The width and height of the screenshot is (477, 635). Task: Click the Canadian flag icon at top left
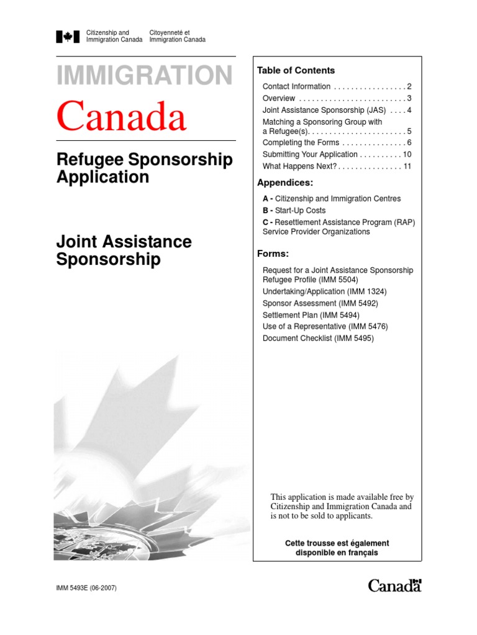(68, 37)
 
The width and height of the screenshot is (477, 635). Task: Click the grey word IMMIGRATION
(145, 76)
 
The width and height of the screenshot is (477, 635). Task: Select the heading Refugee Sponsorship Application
(145, 168)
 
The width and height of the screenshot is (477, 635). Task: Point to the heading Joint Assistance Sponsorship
(124, 250)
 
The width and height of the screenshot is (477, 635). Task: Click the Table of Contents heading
(296, 71)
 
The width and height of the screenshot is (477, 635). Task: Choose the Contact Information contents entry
(296, 87)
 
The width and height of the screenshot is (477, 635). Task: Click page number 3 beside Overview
(409, 99)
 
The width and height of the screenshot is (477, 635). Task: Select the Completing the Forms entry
(301, 143)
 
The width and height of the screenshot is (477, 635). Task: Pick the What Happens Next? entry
(299, 166)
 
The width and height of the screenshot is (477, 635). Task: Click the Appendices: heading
(285, 183)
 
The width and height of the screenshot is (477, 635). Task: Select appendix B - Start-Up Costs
(294, 211)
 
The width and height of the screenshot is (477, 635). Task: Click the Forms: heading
(273, 254)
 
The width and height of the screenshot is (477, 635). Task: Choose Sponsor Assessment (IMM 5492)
(320, 303)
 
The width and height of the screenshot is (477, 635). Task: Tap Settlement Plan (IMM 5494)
(316, 315)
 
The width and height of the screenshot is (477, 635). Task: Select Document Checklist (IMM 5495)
(318, 339)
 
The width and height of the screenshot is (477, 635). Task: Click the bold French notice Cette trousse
(337, 548)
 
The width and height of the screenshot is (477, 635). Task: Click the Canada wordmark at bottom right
(394, 585)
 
